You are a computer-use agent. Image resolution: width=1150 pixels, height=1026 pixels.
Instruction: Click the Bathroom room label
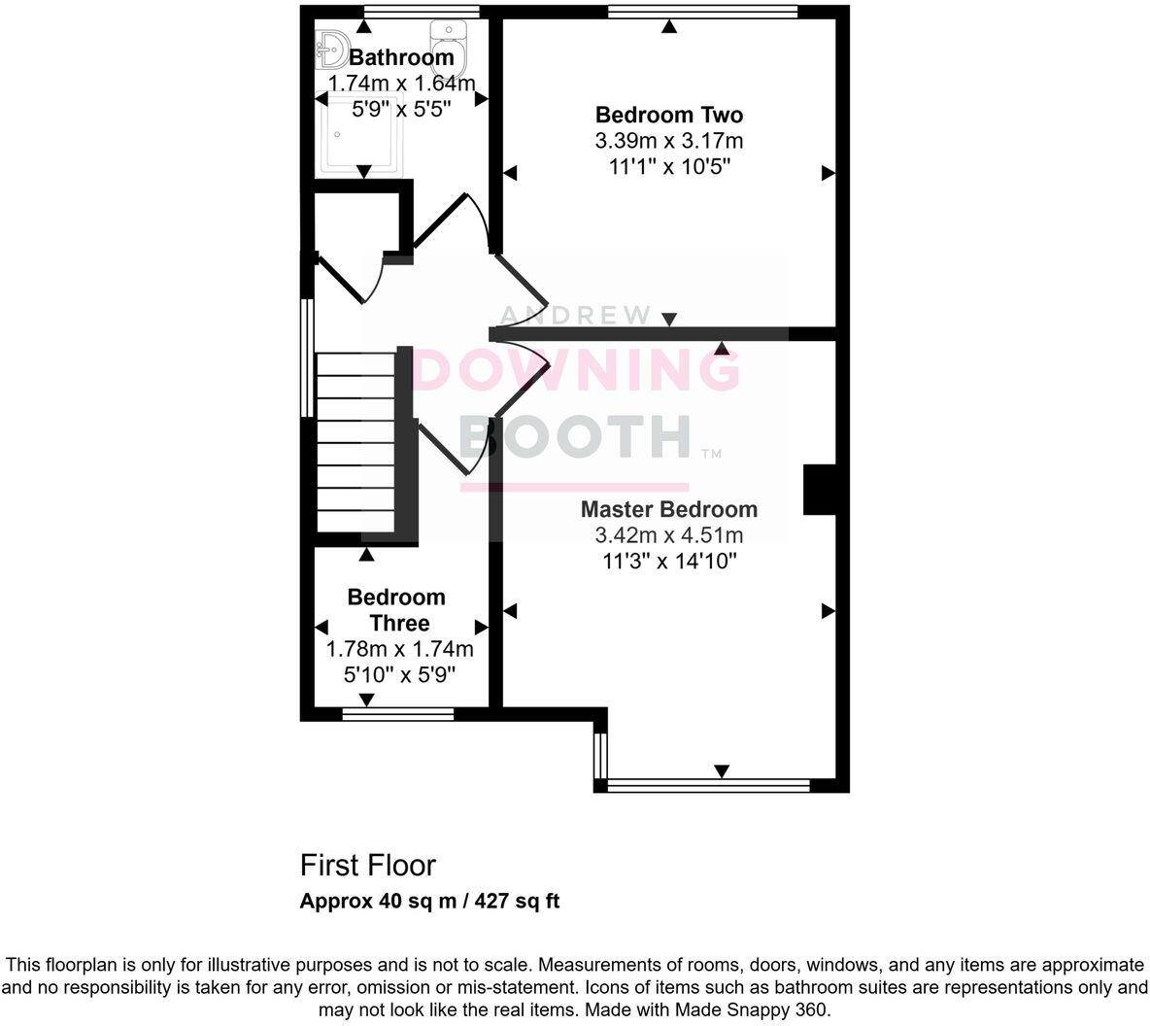coord(401,57)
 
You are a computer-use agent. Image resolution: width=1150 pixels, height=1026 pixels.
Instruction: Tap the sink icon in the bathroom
coord(331,46)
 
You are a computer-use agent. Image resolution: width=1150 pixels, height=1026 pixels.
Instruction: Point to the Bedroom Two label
coord(668,115)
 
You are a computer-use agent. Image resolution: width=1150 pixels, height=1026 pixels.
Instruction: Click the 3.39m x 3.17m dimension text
coord(668,141)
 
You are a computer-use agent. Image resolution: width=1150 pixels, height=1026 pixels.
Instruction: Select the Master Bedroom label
coord(668,509)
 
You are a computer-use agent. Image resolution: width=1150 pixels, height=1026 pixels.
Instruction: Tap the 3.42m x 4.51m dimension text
coord(668,535)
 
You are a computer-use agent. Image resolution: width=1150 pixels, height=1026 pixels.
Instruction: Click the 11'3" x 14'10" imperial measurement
coord(668,561)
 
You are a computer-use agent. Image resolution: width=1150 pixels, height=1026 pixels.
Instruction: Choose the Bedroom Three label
coord(396,610)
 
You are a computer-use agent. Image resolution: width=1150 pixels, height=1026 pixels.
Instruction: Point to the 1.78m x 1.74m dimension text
coord(399,649)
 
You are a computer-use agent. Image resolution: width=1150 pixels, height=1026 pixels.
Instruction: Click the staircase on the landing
coord(355,442)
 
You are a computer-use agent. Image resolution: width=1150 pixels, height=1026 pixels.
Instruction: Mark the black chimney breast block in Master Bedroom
coord(819,489)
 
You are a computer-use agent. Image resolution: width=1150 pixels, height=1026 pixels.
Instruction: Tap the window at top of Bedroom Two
coord(702,12)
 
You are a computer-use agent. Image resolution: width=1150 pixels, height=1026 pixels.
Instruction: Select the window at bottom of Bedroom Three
coord(398,715)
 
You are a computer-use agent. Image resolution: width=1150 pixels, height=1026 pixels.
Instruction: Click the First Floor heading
coord(367,865)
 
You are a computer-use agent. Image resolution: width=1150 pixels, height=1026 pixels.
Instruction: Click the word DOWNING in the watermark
coord(577,370)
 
